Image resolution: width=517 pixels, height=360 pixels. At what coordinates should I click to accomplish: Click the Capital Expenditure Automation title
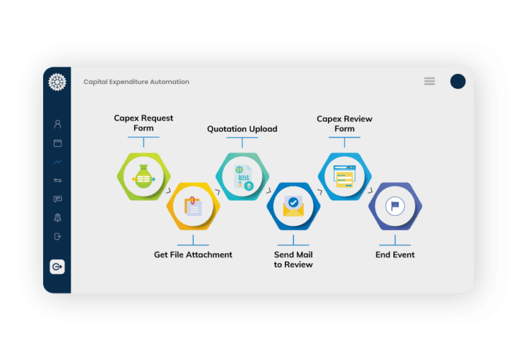136,82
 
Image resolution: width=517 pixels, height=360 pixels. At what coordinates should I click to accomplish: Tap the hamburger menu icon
429,81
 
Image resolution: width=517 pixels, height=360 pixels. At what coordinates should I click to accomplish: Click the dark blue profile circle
458,81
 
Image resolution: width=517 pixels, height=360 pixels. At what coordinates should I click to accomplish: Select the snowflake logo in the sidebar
57,82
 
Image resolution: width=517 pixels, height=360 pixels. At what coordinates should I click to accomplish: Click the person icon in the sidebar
58,124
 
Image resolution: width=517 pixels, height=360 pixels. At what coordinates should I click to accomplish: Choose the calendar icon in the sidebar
58,143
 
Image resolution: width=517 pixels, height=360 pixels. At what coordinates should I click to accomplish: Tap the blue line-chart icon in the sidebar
58,162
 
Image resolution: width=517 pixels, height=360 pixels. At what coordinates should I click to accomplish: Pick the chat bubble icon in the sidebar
58,199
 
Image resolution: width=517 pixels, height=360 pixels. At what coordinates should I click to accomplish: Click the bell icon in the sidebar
58,217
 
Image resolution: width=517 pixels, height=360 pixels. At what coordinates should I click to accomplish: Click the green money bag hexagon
144,177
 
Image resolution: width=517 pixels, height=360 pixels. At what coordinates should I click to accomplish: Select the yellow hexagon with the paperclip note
193,207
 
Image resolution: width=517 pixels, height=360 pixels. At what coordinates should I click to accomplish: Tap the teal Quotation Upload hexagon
242,177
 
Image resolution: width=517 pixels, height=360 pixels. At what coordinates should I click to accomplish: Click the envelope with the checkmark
294,207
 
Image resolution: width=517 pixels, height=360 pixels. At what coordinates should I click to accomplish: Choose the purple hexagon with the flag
395,207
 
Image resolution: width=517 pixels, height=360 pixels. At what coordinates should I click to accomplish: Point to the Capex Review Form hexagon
345,177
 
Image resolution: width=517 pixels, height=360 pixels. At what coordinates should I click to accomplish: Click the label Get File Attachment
193,255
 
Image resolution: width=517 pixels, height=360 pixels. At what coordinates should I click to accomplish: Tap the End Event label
395,255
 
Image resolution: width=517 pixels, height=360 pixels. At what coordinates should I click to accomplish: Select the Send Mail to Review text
294,260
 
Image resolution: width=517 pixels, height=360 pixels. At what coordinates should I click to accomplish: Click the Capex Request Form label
143,123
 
